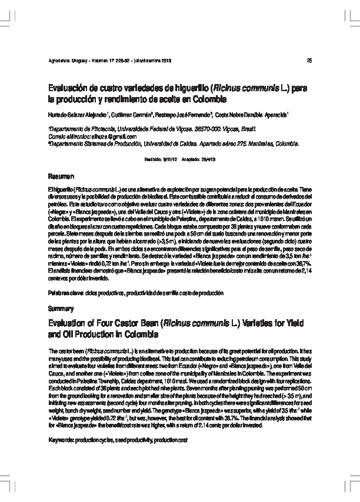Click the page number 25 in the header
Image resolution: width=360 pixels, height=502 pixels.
click(309, 61)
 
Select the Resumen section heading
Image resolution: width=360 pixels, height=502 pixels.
click(61, 176)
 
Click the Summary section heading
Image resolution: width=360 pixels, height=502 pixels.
click(61, 308)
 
